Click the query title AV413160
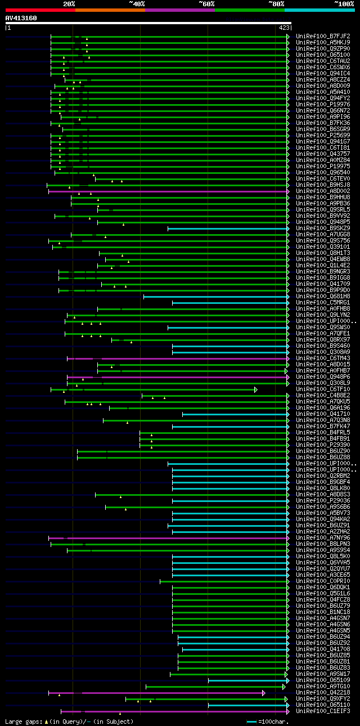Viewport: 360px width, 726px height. pos(21,18)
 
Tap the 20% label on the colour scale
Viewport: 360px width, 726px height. pos(69,3)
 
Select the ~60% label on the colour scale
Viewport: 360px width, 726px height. pos(206,3)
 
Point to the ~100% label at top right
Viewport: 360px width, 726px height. pos(344,3)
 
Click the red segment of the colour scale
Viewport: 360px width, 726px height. pos(39,10)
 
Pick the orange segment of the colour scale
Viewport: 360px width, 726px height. pos(110,10)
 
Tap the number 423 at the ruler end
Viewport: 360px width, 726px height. pos(284,27)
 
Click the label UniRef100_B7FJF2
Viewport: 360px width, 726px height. pos(323,37)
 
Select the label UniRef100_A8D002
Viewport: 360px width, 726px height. pos(323,191)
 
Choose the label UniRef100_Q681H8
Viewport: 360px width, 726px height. pos(323,297)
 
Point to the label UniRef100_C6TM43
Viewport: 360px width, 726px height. pos(323,358)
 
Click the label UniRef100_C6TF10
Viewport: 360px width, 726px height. pos(323,389)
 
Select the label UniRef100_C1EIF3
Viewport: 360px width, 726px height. pos(323,711)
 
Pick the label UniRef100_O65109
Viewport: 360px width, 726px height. pos(323,680)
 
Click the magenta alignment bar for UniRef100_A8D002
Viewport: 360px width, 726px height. pos(169,191)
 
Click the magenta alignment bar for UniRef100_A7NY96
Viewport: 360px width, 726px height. pos(169,538)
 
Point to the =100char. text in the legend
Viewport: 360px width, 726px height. pos(274,721)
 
